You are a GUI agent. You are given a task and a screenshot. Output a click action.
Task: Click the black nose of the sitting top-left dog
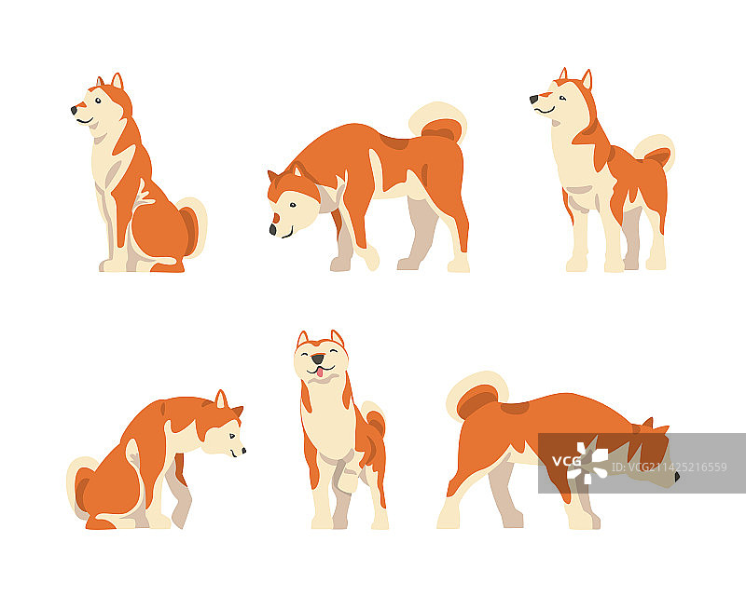click(x=74, y=110)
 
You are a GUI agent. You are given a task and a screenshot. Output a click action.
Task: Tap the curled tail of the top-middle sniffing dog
click(x=438, y=124)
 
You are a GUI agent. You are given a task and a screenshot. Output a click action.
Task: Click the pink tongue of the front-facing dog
click(x=319, y=372)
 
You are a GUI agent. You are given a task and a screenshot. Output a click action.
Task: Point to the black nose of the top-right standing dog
click(x=533, y=98)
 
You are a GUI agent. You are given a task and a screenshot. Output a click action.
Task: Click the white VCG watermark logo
click(x=587, y=462)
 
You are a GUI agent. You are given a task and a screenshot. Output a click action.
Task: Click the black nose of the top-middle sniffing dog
click(x=273, y=228)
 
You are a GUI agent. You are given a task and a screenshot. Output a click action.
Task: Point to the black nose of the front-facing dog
click(x=318, y=359)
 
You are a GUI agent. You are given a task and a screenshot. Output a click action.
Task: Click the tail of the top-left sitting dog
click(x=192, y=226)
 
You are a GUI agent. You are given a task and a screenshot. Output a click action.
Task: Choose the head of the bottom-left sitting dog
click(x=223, y=429)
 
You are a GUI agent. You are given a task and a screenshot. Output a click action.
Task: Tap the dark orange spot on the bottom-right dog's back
click(x=514, y=407)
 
